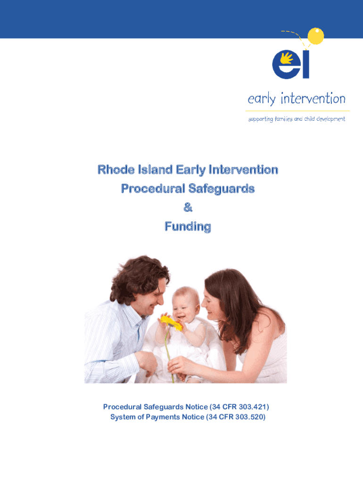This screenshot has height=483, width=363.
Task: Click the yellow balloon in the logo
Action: [x=315, y=36]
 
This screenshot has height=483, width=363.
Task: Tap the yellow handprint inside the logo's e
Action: [x=286, y=58]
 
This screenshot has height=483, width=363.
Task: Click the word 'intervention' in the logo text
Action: [x=313, y=99]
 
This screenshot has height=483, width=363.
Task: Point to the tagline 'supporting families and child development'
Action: [x=297, y=119]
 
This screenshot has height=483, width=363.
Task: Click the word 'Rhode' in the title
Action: [x=116, y=169]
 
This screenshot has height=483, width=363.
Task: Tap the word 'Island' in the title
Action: [x=155, y=169]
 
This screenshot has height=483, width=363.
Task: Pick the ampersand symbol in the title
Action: [x=188, y=208]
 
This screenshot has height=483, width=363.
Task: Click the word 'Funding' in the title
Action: [x=188, y=226]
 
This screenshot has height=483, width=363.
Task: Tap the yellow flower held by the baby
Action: [x=171, y=323]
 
